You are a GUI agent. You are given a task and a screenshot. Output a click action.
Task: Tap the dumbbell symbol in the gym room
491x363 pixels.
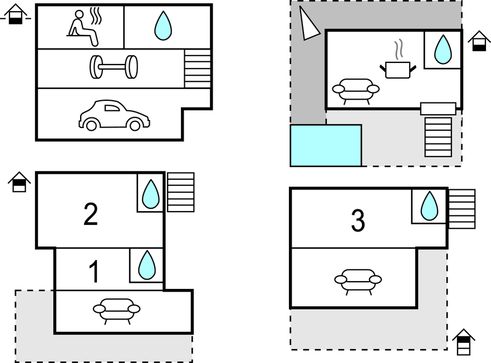[x=114, y=67]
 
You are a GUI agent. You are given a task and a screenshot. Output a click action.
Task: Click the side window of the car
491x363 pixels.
[x=112, y=108]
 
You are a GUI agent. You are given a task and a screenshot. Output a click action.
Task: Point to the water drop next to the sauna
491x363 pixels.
[x=163, y=26]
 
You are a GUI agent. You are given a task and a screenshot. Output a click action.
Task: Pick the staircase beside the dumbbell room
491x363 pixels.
[x=197, y=68]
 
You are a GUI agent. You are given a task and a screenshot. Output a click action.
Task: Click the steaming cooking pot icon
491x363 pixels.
[x=398, y=63]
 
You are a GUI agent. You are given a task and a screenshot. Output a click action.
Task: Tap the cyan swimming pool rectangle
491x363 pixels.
[x=326, y=145]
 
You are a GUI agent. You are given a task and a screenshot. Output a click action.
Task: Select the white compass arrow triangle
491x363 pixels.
[x=308, y=24]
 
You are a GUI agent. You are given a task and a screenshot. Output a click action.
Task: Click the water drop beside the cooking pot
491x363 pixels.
[x=443, y=50]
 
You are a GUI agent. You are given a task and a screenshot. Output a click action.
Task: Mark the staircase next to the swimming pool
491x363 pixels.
[x=438, y=137]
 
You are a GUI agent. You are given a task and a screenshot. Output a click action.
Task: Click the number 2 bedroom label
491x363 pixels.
[x=91, y=214]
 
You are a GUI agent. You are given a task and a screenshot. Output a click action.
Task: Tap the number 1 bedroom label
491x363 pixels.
[x=94, y=272]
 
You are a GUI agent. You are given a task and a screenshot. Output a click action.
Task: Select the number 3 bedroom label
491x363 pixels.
[x=358, y=220]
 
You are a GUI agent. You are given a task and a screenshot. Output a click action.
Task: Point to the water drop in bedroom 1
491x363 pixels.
[x=147, y=264]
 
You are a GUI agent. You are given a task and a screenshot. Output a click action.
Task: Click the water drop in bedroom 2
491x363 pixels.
[x=151, y=194]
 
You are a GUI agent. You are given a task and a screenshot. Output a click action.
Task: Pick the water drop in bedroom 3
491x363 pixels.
[x=429, y=206]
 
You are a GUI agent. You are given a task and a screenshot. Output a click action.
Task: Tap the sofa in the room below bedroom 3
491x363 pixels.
[x=358, y=282]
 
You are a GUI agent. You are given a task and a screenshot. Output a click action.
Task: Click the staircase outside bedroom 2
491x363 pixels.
[x=181, y=192]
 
